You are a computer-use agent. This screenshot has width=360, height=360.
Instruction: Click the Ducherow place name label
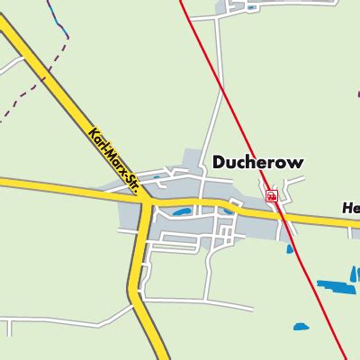[x=258, y=162]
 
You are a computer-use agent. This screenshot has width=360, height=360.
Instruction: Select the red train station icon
[x=271, y=195]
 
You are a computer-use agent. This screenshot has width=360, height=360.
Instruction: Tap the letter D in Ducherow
[x=220, y=162]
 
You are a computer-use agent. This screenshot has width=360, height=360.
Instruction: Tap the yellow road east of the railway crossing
[x=324, y=220]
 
